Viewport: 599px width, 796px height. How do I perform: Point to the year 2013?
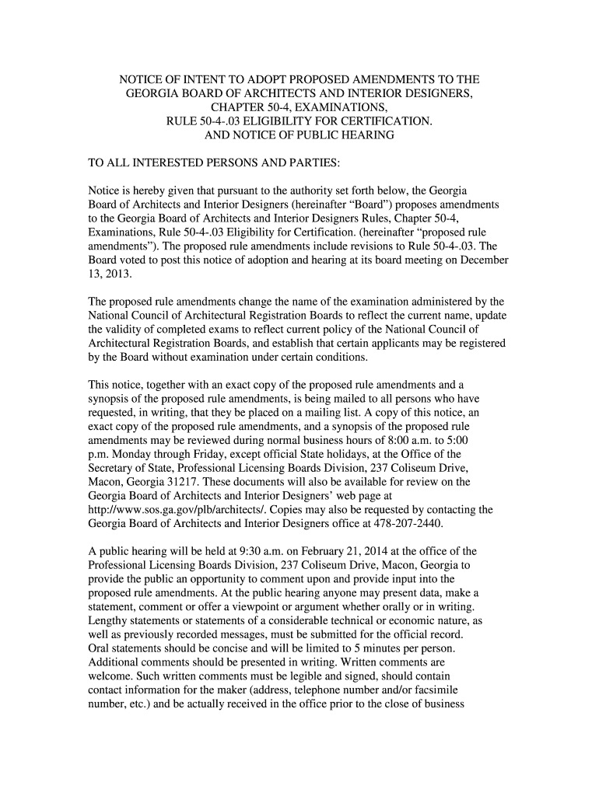[118, 274]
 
